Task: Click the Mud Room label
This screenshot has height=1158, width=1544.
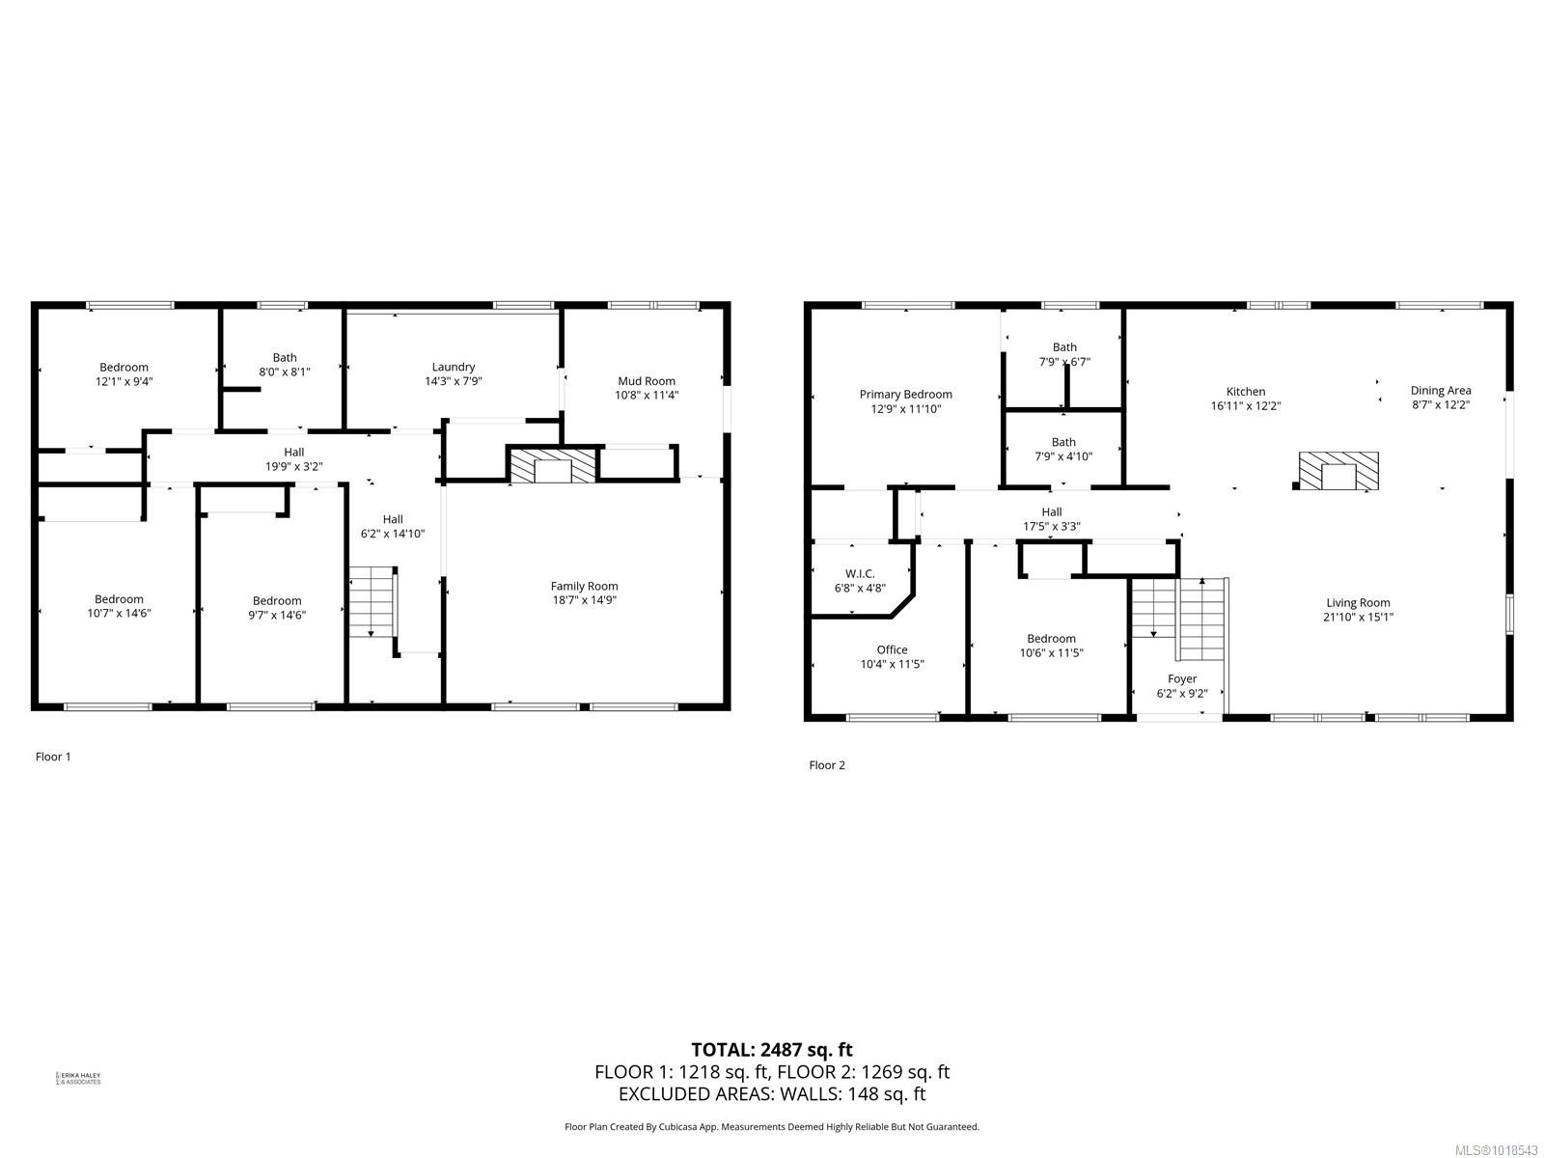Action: click(x=646, y=381)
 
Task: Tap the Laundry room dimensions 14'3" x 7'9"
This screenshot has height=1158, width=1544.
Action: click(x=453, y=381)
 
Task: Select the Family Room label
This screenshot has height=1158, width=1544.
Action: click(x=584, y=586)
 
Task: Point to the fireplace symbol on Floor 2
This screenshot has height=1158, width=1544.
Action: click(x=1337, y=472)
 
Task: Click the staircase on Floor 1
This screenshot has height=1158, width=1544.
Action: click(x=372, y=602)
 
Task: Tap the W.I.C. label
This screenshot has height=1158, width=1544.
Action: click(x=859, y=573)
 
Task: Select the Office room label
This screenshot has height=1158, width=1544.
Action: click(x=892, y=649)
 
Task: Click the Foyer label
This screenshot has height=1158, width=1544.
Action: click(x=1182, y=678)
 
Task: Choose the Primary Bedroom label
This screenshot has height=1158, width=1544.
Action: click(x=905, y=394)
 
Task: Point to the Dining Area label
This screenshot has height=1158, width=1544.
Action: click(x=1441, y=391)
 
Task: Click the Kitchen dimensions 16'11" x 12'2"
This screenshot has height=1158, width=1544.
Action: click(x=1246, y=406)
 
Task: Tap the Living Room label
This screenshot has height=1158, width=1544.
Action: click(x=1358, y=603)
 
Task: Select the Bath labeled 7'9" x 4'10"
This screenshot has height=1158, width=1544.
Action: click(x=1063, y=450)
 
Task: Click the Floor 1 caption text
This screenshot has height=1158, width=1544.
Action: click(x=53, y=757)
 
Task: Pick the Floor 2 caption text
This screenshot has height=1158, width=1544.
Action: click(x=827, y=765)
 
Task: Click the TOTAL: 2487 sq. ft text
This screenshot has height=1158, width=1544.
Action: click(x=772, y=1050)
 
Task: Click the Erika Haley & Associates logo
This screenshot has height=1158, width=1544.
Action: click(x=79, y=1078)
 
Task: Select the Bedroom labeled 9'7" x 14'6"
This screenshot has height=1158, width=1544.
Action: click(x=277, y=607)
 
